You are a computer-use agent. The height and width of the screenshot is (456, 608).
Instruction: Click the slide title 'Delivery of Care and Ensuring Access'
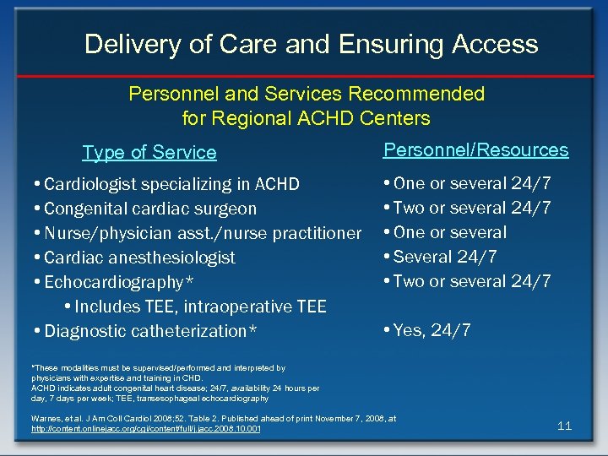click(x=311, y=44)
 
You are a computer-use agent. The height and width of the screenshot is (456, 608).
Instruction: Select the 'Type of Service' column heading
click(x=149, y=153)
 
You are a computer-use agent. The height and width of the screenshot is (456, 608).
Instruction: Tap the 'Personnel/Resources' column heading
click(x=475, y=150)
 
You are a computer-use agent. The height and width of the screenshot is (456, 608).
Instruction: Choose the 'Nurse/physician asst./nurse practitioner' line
click(x=202, y=233)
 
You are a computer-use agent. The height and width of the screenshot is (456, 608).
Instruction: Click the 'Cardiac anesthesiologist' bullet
click(x=139, y=258)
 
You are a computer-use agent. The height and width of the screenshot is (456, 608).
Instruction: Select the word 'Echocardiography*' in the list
click(x=113, y=282)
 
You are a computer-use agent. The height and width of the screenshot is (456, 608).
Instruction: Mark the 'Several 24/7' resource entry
click(x=444, y=257)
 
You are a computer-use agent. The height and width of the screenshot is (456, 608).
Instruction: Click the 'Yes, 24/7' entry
click(x=432, y=330)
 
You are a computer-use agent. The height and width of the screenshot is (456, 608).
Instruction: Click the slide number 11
click(x=564, y=426)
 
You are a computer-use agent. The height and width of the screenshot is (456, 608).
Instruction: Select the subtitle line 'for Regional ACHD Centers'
click(x=306, y=118)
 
